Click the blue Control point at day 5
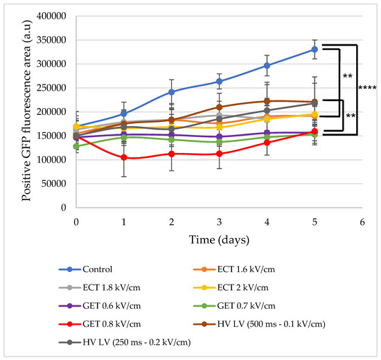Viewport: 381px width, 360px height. coord(314,49)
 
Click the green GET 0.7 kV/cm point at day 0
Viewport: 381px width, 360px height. coord(76,146)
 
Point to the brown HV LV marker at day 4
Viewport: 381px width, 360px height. coord(267,102)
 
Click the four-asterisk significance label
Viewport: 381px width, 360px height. coord(366,88)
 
